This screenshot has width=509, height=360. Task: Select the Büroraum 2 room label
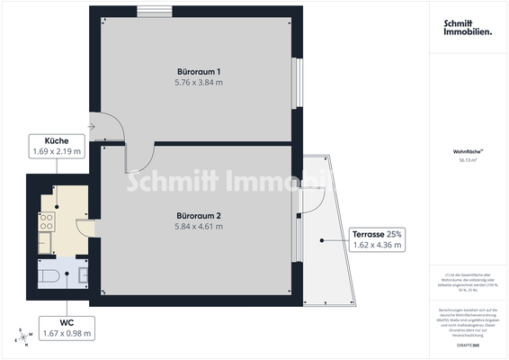coord(200,216)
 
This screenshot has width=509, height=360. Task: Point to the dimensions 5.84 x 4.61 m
coord(200,227)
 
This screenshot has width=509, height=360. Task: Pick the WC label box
coord(68,328)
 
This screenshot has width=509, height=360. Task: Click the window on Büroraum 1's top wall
coord(149,11)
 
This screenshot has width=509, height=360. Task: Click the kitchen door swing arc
coord(82,228)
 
